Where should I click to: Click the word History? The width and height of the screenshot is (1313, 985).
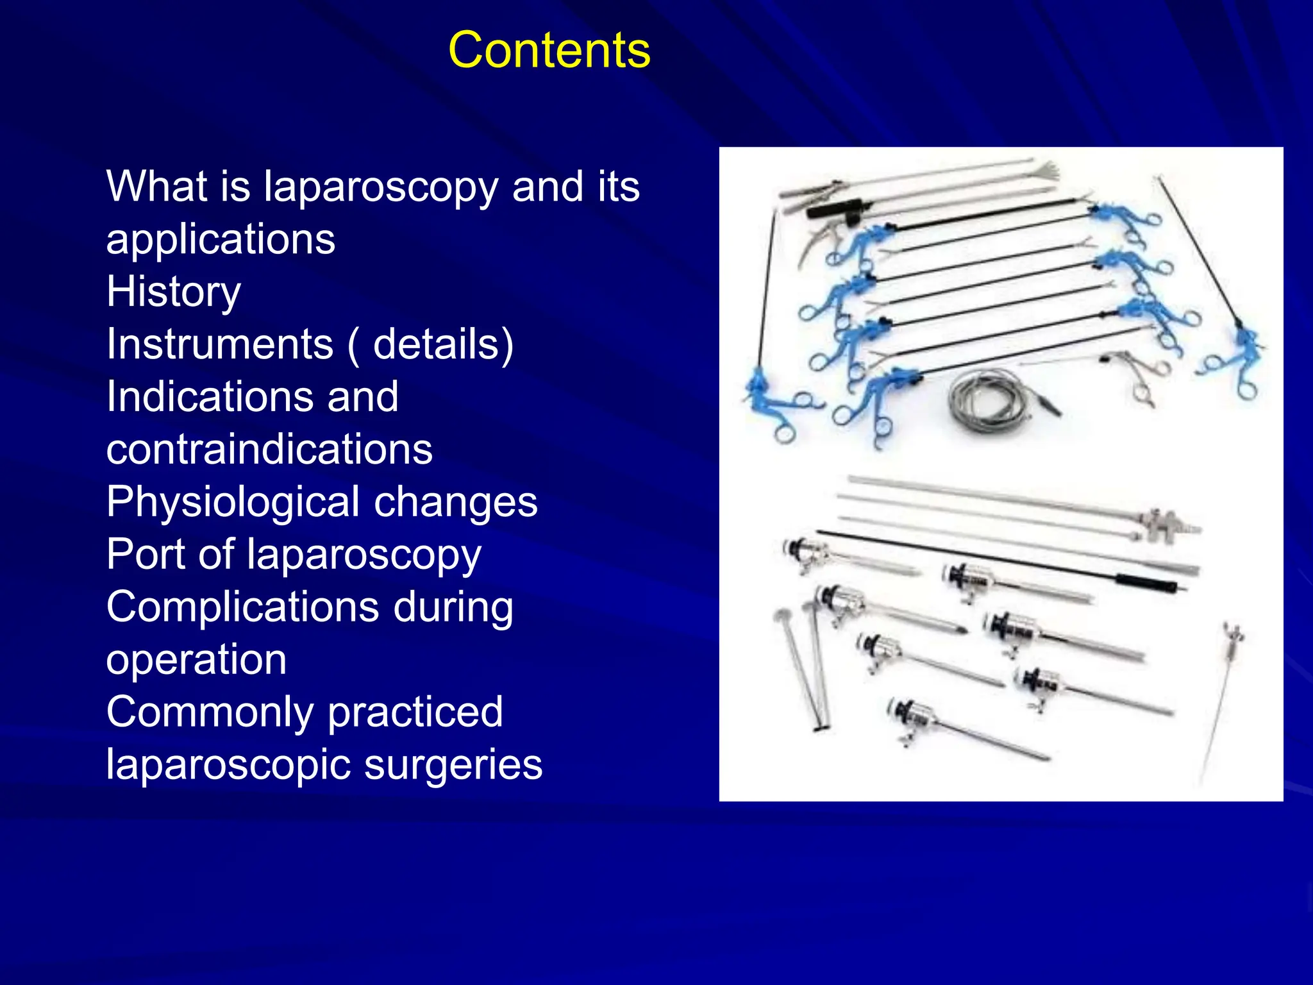click(x=174, y=292)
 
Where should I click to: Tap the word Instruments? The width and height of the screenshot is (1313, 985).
click(x=220, y=344)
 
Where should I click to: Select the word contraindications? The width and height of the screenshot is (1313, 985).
click(x=269, y=449)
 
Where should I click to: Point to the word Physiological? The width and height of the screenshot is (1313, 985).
click(x=233, y=503)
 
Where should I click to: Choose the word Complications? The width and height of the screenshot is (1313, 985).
click(x=242, y=608)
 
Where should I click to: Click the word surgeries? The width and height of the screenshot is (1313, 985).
click(x=453, y=766)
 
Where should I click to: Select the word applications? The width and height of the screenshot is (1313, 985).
click(x=221, y=240)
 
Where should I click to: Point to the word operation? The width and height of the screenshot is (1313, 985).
click(x=196, y=661)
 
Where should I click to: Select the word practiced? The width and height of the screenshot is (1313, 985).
click(x=415, y=713)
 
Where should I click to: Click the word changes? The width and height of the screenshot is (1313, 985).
click(x=456, y=503)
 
